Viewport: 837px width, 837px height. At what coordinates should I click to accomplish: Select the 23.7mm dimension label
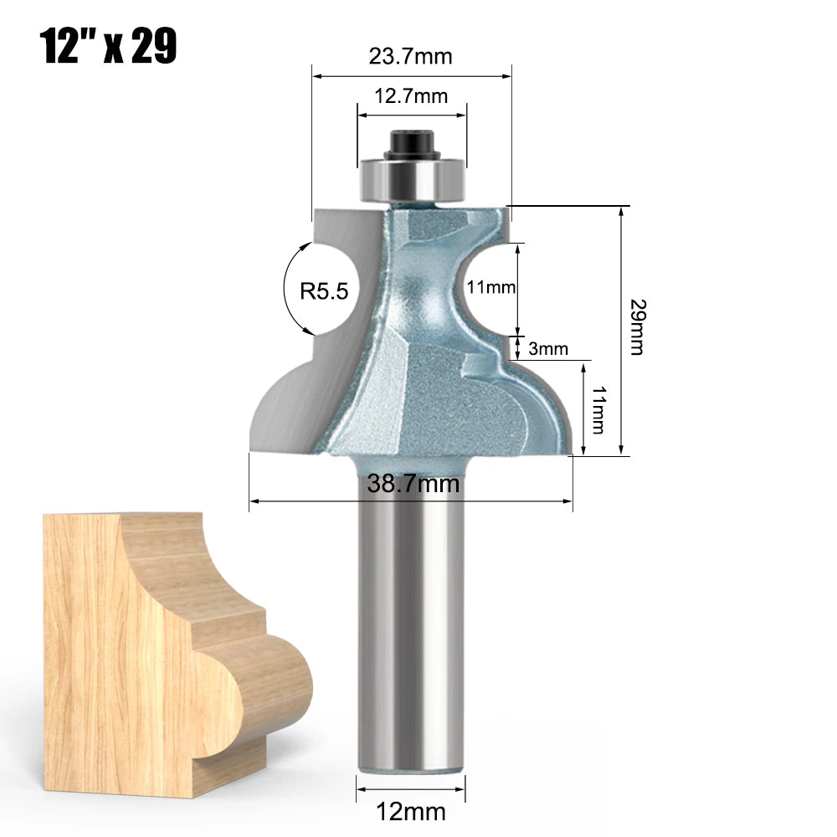410,56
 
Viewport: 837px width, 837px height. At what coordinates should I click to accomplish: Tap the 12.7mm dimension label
410,96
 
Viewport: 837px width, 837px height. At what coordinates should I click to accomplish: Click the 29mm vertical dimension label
637,326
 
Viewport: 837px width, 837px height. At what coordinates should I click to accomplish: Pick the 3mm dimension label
548,348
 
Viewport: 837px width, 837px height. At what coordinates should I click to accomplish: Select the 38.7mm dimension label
412,483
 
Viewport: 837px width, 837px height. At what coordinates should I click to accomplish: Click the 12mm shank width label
412,811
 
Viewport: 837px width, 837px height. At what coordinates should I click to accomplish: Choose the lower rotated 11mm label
598,410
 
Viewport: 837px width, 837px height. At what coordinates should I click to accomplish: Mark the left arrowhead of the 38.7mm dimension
254,502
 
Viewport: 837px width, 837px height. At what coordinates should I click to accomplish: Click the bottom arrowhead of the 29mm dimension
621,452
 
